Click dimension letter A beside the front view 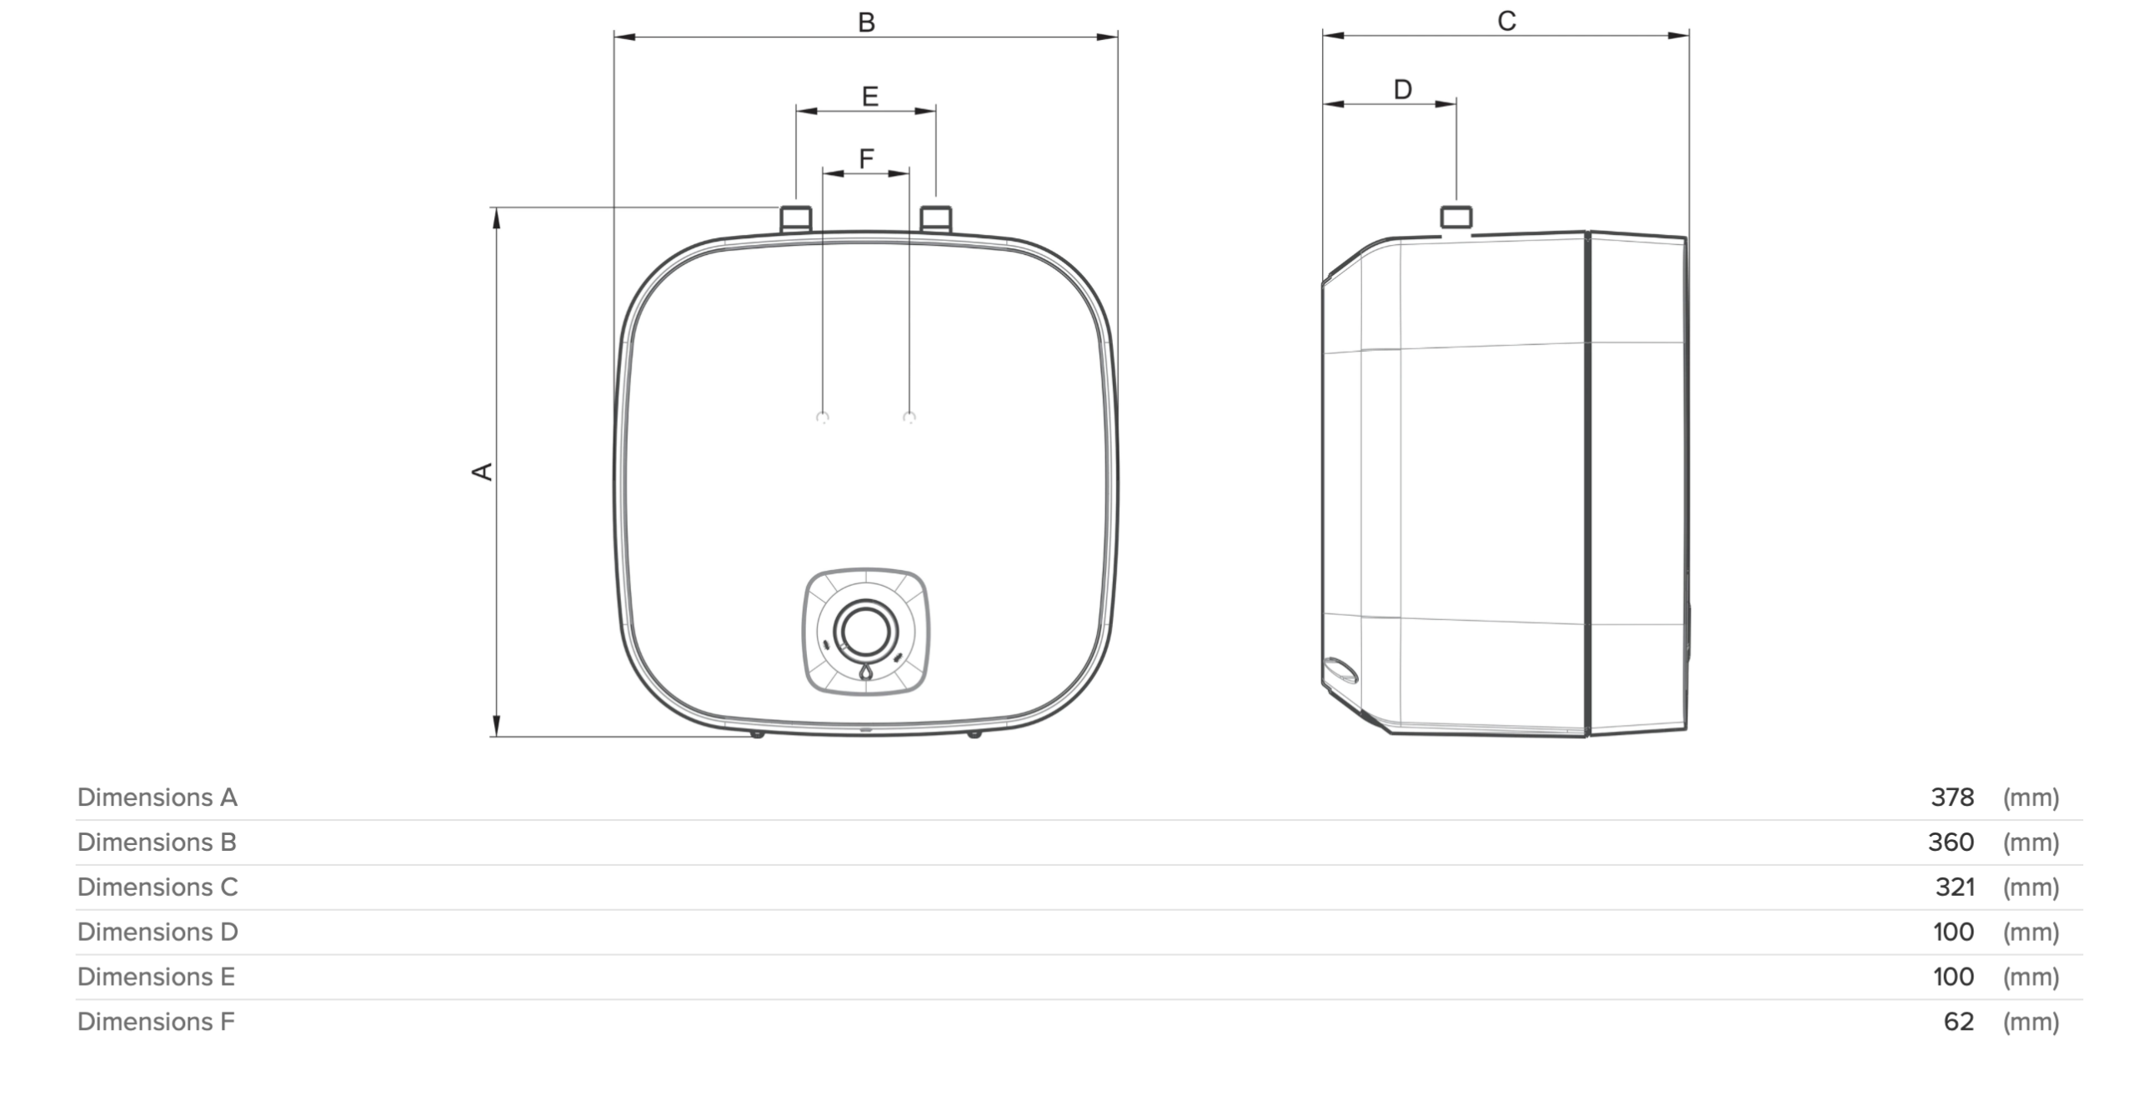coord(483,472)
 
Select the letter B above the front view coord(866,22)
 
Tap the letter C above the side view coord(1506,21)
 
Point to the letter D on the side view coord(1403,89)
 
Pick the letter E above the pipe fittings coord(869,97)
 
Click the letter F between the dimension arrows coord(866,158)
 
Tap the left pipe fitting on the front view coord(796,218)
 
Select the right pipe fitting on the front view coord(936,218)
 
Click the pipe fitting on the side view coord(1456,217)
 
